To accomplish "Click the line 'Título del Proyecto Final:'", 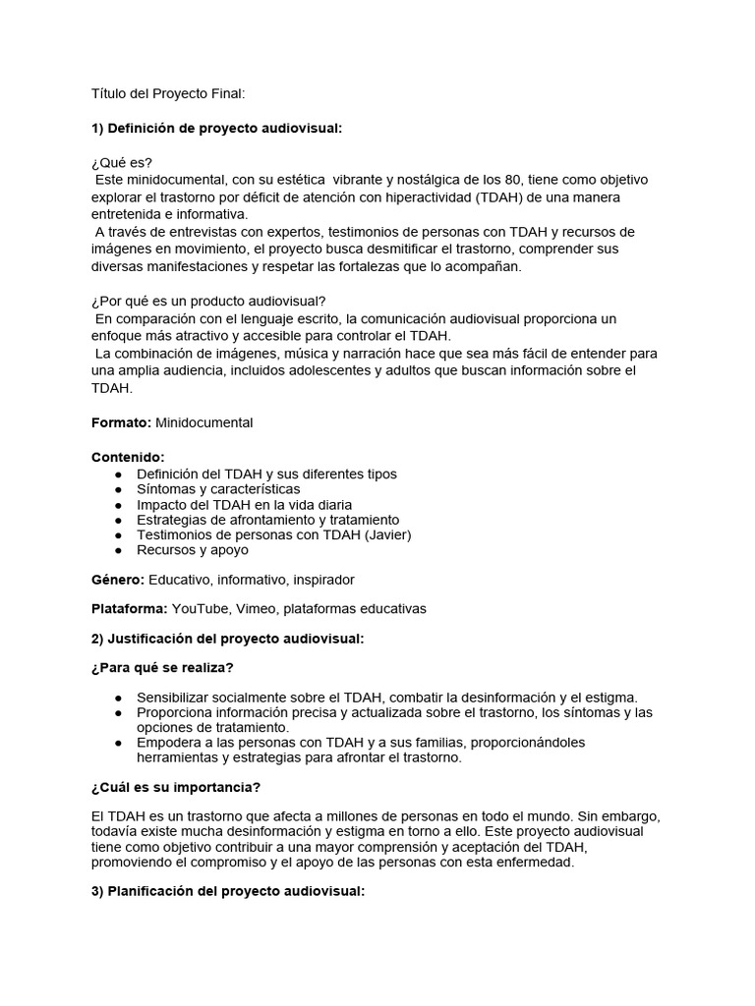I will click(168, 93).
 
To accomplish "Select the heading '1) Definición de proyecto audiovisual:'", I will click(216, 129).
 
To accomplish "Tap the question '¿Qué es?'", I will click(122, 163).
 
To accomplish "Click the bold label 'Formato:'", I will click(121, 422).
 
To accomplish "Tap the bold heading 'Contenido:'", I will click(129, 457).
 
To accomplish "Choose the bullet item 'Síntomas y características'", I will click(218, 489).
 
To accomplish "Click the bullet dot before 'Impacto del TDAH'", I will click(119, 505).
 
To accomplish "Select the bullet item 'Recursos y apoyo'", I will click(193, 550).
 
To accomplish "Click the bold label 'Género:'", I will click(118, 580).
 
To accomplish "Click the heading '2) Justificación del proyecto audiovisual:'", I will click(228, 639).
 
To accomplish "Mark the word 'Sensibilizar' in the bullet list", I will click(178, 697).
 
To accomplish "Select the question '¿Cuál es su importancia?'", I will click(176, 788).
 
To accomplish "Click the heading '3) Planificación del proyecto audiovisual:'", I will click(228, 892).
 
